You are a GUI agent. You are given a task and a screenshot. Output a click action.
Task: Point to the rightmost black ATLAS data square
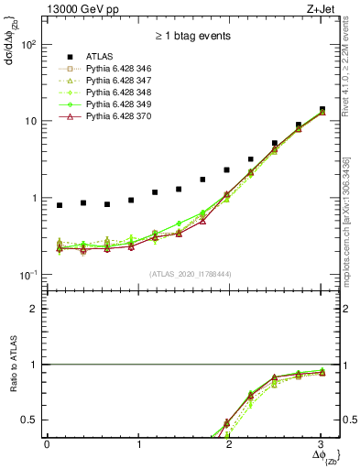[x=322, y=110]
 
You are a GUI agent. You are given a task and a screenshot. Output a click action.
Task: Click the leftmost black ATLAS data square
[x=60, y=205]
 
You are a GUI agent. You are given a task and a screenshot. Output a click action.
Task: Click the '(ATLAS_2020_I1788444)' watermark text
[x=191, y=273]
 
